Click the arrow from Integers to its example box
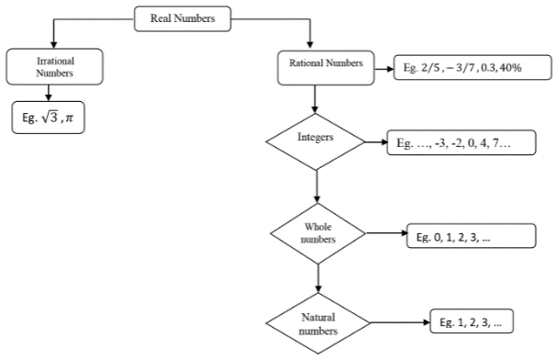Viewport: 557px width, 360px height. click(376, 143)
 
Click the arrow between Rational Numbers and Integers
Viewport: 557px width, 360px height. click(316, 97)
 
